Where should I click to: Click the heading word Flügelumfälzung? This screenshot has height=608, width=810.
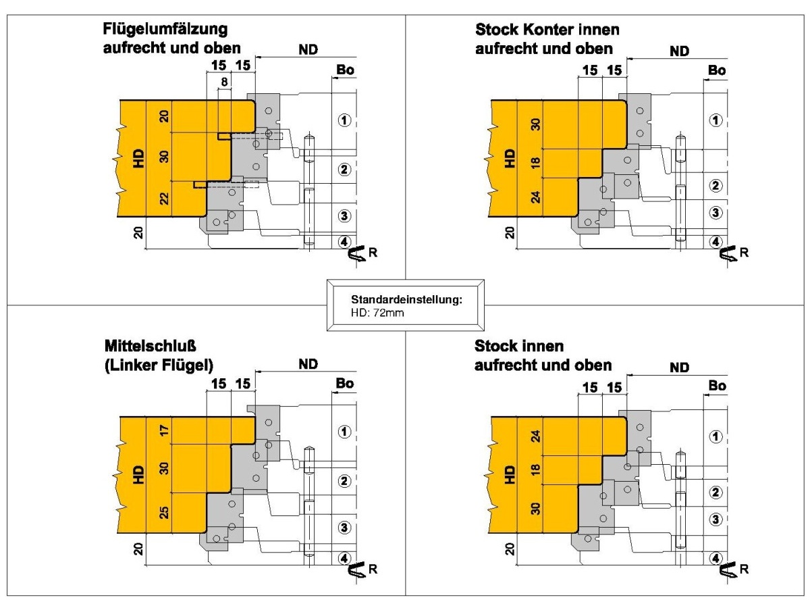point(165,29)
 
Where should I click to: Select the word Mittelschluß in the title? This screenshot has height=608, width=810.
point(151,346)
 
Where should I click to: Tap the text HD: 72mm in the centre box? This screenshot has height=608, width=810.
point(377,313)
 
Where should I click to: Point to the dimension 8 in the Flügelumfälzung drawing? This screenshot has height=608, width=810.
point(224,82)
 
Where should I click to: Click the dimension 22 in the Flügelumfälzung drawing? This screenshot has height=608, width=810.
point(164,199)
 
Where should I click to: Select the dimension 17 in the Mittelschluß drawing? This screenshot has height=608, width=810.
point(164,430)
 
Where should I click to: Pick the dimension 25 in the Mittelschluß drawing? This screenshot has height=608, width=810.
point(164,512)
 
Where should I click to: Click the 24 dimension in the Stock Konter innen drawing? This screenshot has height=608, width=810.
point(536,197)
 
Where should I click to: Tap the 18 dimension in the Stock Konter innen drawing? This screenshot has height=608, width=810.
point(536,161)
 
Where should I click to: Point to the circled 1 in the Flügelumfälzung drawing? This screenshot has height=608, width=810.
point(344,120)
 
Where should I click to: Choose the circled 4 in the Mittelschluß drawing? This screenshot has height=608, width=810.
point(344,558)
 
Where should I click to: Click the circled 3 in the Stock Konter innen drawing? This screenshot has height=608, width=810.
point(716,213)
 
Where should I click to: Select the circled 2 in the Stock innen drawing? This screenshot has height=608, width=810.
point(716,492)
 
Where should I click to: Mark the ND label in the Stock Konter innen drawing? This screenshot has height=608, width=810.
point(679,51)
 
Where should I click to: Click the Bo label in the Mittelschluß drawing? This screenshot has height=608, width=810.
point(345,383)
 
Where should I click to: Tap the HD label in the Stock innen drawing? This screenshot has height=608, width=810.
point(509,475)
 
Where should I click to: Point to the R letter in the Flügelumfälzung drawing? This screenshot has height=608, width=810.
point(373,253)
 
